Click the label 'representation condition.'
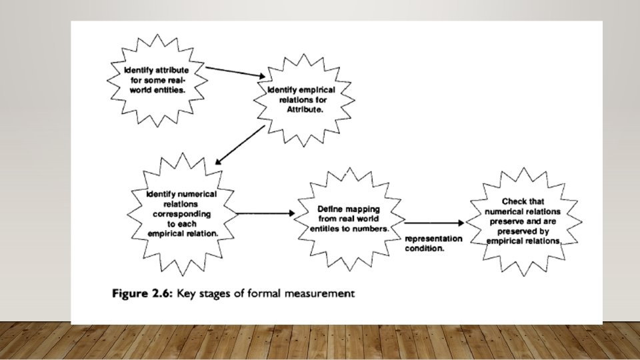click(x=434, y=243)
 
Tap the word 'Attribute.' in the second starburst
click(x=305, y=109)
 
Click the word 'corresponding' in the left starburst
click(x=182, y=214)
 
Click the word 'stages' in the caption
click(x=216, y=293)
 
